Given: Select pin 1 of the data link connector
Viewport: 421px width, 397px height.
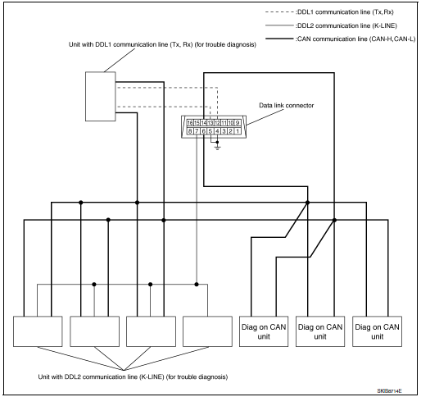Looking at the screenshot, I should click(x=238, y=130).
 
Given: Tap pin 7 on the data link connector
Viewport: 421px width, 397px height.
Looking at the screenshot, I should click(x=197, y=130).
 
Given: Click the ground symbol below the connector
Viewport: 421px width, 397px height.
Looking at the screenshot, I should click(x=217, y=146).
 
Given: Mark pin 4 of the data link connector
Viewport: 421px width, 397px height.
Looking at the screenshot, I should click(x=217, y=130).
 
